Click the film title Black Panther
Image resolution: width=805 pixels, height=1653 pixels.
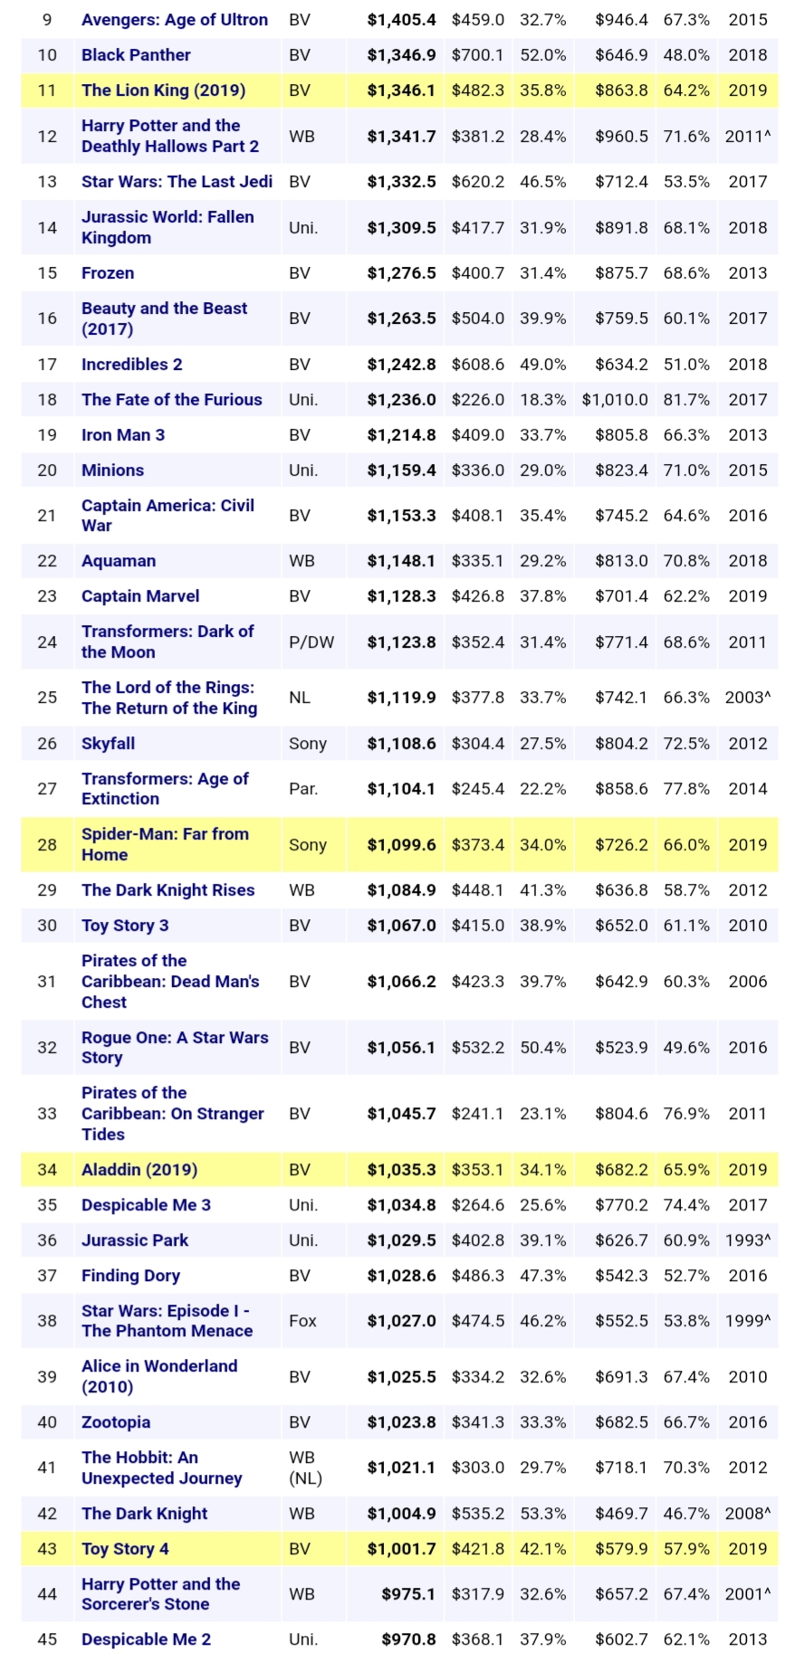pos(136,55)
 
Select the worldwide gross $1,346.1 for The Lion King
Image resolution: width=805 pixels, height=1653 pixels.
pos(401,90)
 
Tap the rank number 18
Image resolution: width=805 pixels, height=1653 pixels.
pos(47,400)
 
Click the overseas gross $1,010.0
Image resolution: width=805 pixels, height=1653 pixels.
pos(615,400)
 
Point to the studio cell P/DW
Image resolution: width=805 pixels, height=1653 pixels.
pos(311,642)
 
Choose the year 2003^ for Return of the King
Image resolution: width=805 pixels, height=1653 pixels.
pos(748,698)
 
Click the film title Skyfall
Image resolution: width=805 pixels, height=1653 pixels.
pos(108,744)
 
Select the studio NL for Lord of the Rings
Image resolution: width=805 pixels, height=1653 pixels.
pos(300,698)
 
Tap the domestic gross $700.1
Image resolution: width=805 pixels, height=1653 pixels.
pos(478,55)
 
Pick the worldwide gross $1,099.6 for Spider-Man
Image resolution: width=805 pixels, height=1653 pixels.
pos(401,845)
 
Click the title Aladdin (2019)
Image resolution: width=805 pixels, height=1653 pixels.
pos(139,1170)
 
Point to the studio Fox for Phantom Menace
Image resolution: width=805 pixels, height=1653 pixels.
pos(302,1321)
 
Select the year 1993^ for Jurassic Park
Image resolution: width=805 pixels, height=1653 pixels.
pos(748,1240)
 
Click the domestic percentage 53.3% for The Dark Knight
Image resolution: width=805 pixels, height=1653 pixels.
pos(543,1514)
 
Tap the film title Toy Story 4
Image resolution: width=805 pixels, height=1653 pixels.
pos(125,1549)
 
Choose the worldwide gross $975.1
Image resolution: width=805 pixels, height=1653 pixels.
pos(408,1594)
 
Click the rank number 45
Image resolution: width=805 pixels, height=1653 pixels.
pos(47,1639)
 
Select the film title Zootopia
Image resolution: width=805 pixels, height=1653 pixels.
pos(116,1422)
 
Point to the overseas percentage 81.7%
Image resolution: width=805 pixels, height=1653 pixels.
pos(686,400)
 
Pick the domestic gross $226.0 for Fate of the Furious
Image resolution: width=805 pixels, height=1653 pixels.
pos(478,400)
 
